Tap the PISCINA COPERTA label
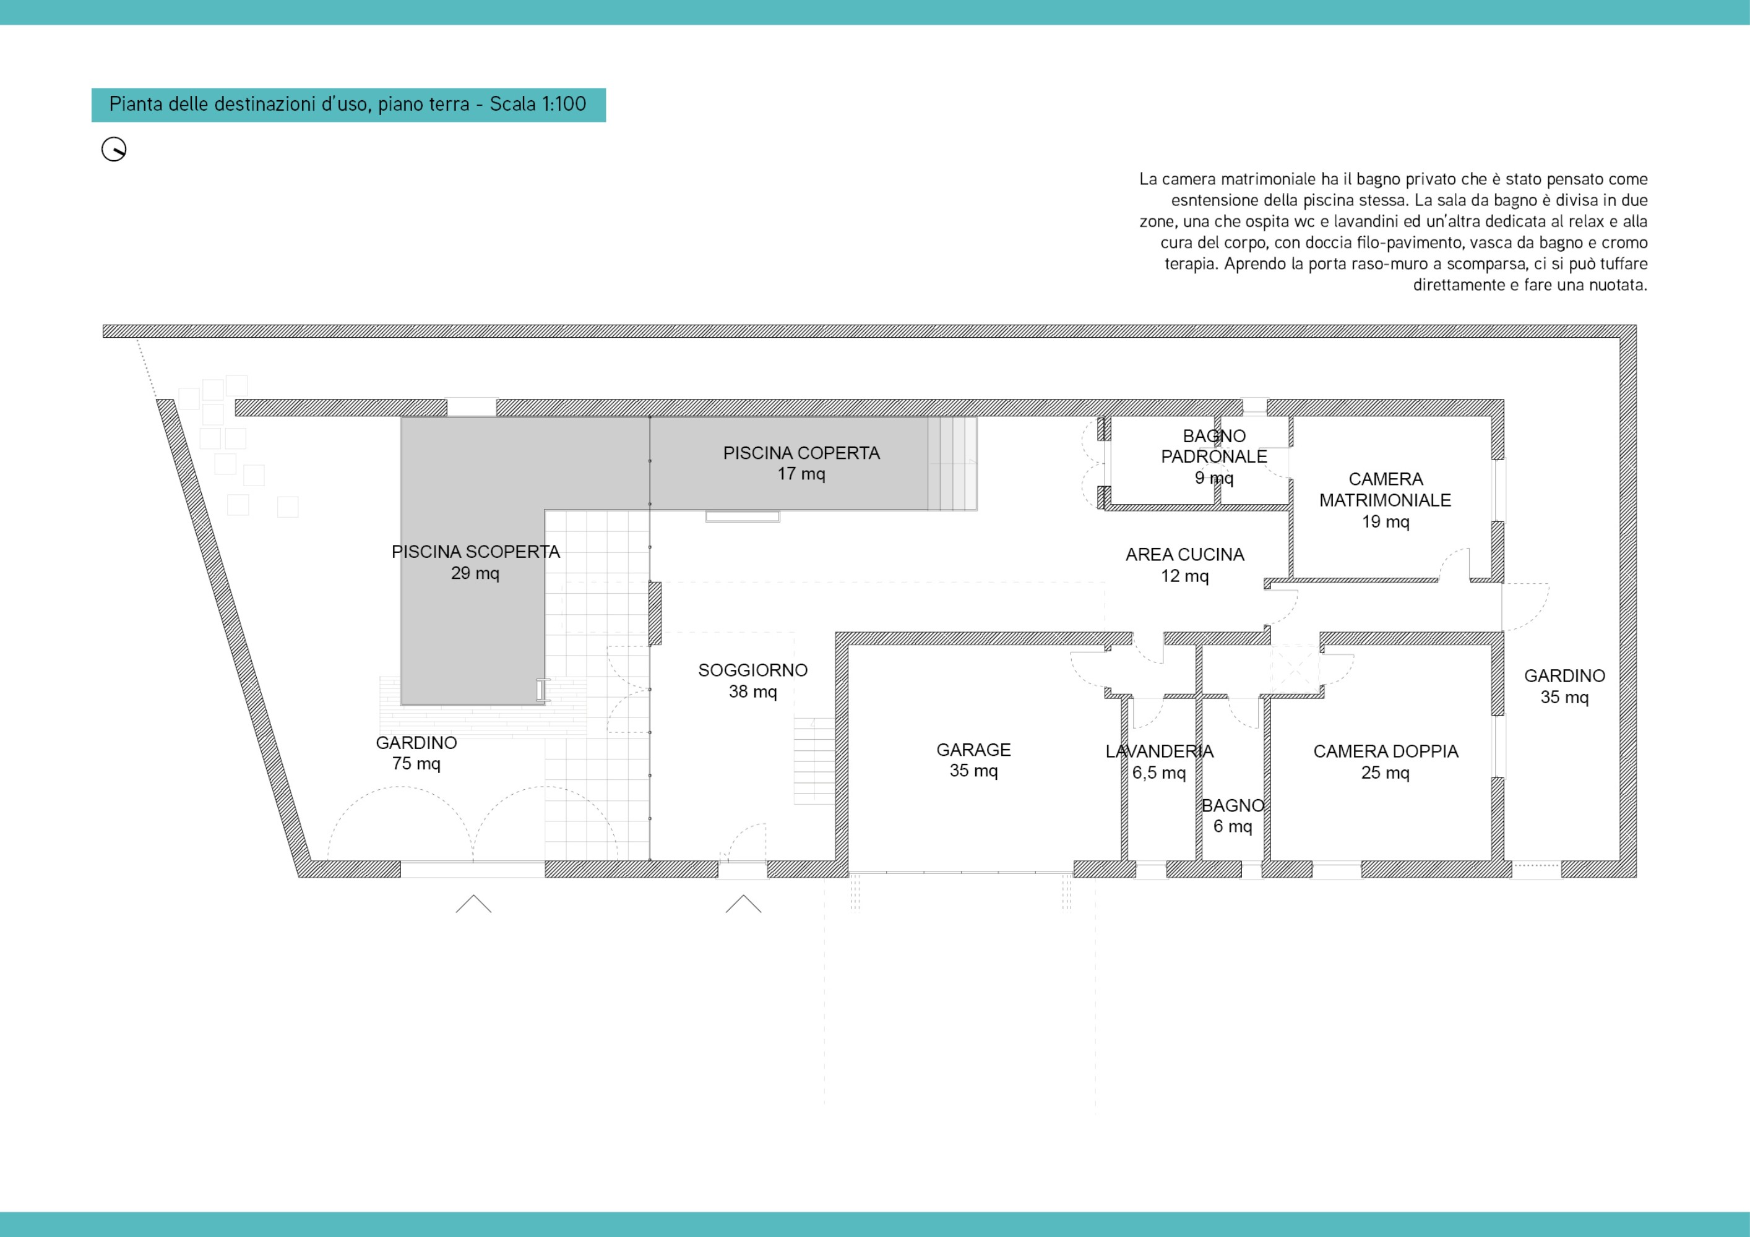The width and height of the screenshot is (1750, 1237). (801, 463)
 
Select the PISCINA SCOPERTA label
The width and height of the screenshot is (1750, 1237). (476, 562)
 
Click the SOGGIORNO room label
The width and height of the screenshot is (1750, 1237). (753, 681)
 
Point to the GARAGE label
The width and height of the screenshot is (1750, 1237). (973, 760)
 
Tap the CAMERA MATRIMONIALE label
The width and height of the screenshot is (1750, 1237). (1386, 500)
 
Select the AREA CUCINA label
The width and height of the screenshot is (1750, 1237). (1185, 565)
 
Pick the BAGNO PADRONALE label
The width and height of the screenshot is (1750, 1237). (1214, 457)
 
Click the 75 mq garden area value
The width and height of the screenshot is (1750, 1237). (416, 764)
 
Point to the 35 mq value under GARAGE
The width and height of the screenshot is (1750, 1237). (973, 771)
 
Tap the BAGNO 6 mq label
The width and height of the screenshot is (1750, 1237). (1233, 816)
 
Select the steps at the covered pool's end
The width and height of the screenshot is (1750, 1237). (952, 463)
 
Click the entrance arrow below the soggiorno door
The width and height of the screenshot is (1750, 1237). (743, 904)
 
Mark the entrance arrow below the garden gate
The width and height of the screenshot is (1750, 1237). (473, 904)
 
